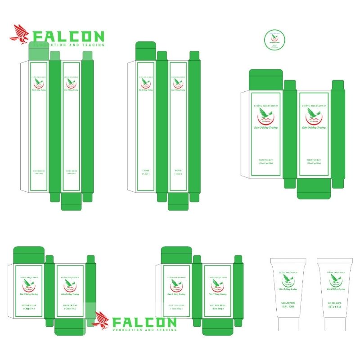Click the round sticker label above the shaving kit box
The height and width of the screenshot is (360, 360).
point(274,40)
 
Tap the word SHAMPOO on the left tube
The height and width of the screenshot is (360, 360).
point(288,302)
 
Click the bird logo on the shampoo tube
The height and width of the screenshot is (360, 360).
point(288,281)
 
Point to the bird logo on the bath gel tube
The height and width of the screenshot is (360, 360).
point(334,281)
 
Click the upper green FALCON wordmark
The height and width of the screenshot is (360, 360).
point(69,36)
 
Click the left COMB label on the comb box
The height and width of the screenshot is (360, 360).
point(145,171)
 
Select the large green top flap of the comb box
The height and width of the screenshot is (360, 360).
point(145,51)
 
